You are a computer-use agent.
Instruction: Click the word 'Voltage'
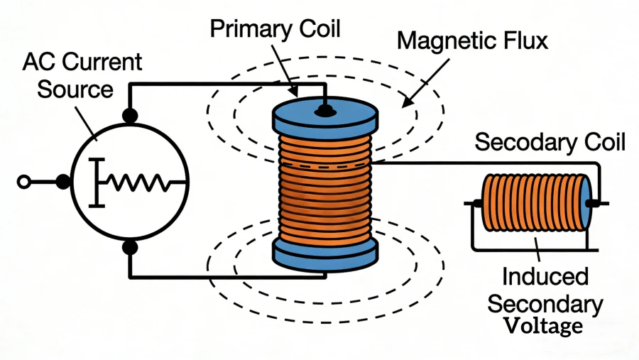coord(544,326)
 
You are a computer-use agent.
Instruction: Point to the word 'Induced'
coord(543,276)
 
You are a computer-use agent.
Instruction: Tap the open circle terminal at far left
coord(23,182)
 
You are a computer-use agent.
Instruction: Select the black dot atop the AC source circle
coord(130,115)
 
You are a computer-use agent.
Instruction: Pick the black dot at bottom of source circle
coord(130,247)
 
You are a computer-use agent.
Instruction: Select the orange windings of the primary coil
coord(324,185)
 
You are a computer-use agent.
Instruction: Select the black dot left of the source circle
coord(62,182)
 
